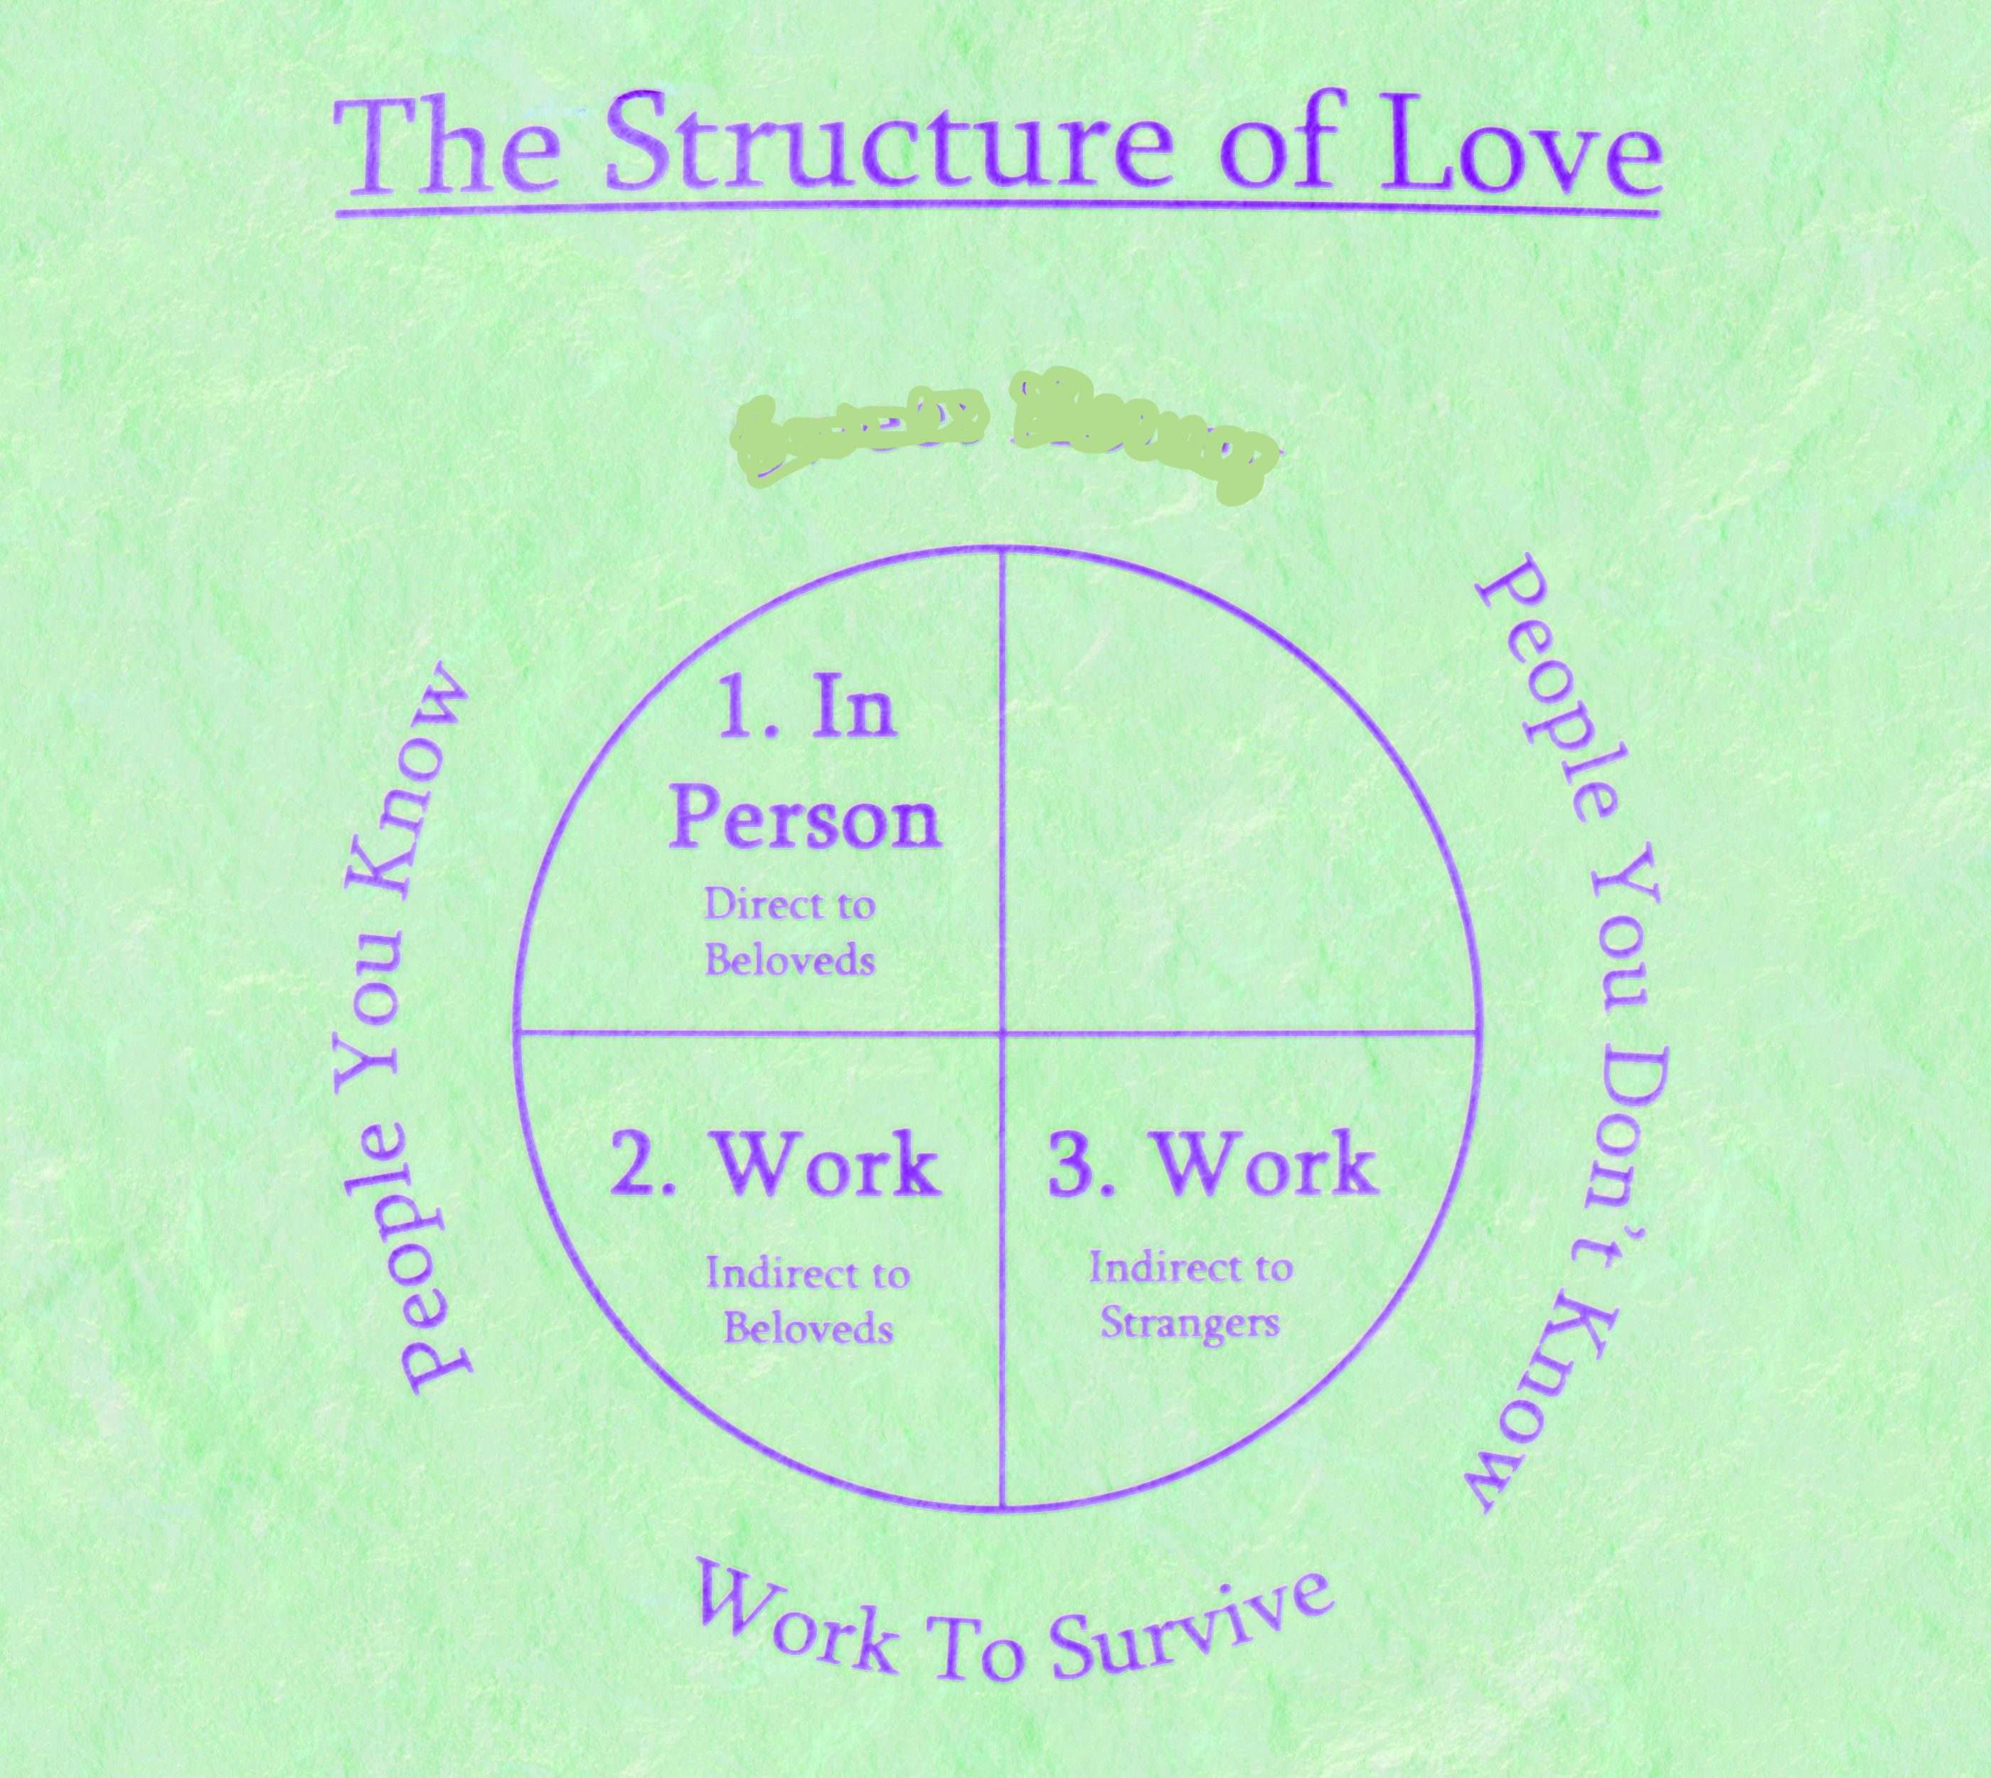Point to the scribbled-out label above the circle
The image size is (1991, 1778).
pos(1001,435)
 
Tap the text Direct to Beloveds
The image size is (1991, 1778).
pos(789,932)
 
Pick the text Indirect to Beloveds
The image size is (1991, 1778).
pos(808,1300)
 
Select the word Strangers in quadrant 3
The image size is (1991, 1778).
pos(1190,1323)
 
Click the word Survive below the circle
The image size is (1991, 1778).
pos(1192,1627)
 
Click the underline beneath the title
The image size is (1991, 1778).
pos(996,209)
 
